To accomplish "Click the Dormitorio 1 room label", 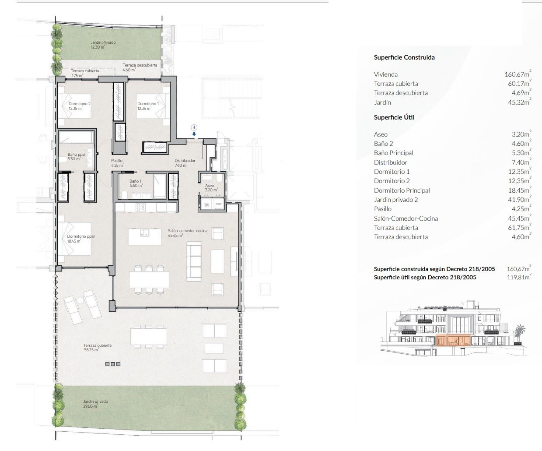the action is (x=148, y=106).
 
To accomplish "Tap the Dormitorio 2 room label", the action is (x=80, y=106).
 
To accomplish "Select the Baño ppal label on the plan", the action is (x=76, y=157).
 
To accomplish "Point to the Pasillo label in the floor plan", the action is (x=117, y=163).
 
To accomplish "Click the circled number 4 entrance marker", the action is (x=194, y=127).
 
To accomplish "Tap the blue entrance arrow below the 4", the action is (x=194, y=134).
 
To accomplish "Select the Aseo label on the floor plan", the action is (x=211, y=188).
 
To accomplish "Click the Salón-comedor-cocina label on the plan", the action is (x=187, y=233).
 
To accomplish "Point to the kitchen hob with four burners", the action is (x=141, y=207).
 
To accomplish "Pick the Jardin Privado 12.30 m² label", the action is (x=103, y=45).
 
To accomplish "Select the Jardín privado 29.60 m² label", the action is (x=95, y=404).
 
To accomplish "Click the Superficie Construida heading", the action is (x=404, y=57).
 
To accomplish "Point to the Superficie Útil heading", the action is (x=394, y=117).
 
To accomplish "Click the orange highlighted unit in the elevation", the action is (x=453, y=340).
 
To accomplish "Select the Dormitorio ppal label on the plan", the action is (x=81, y=239).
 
